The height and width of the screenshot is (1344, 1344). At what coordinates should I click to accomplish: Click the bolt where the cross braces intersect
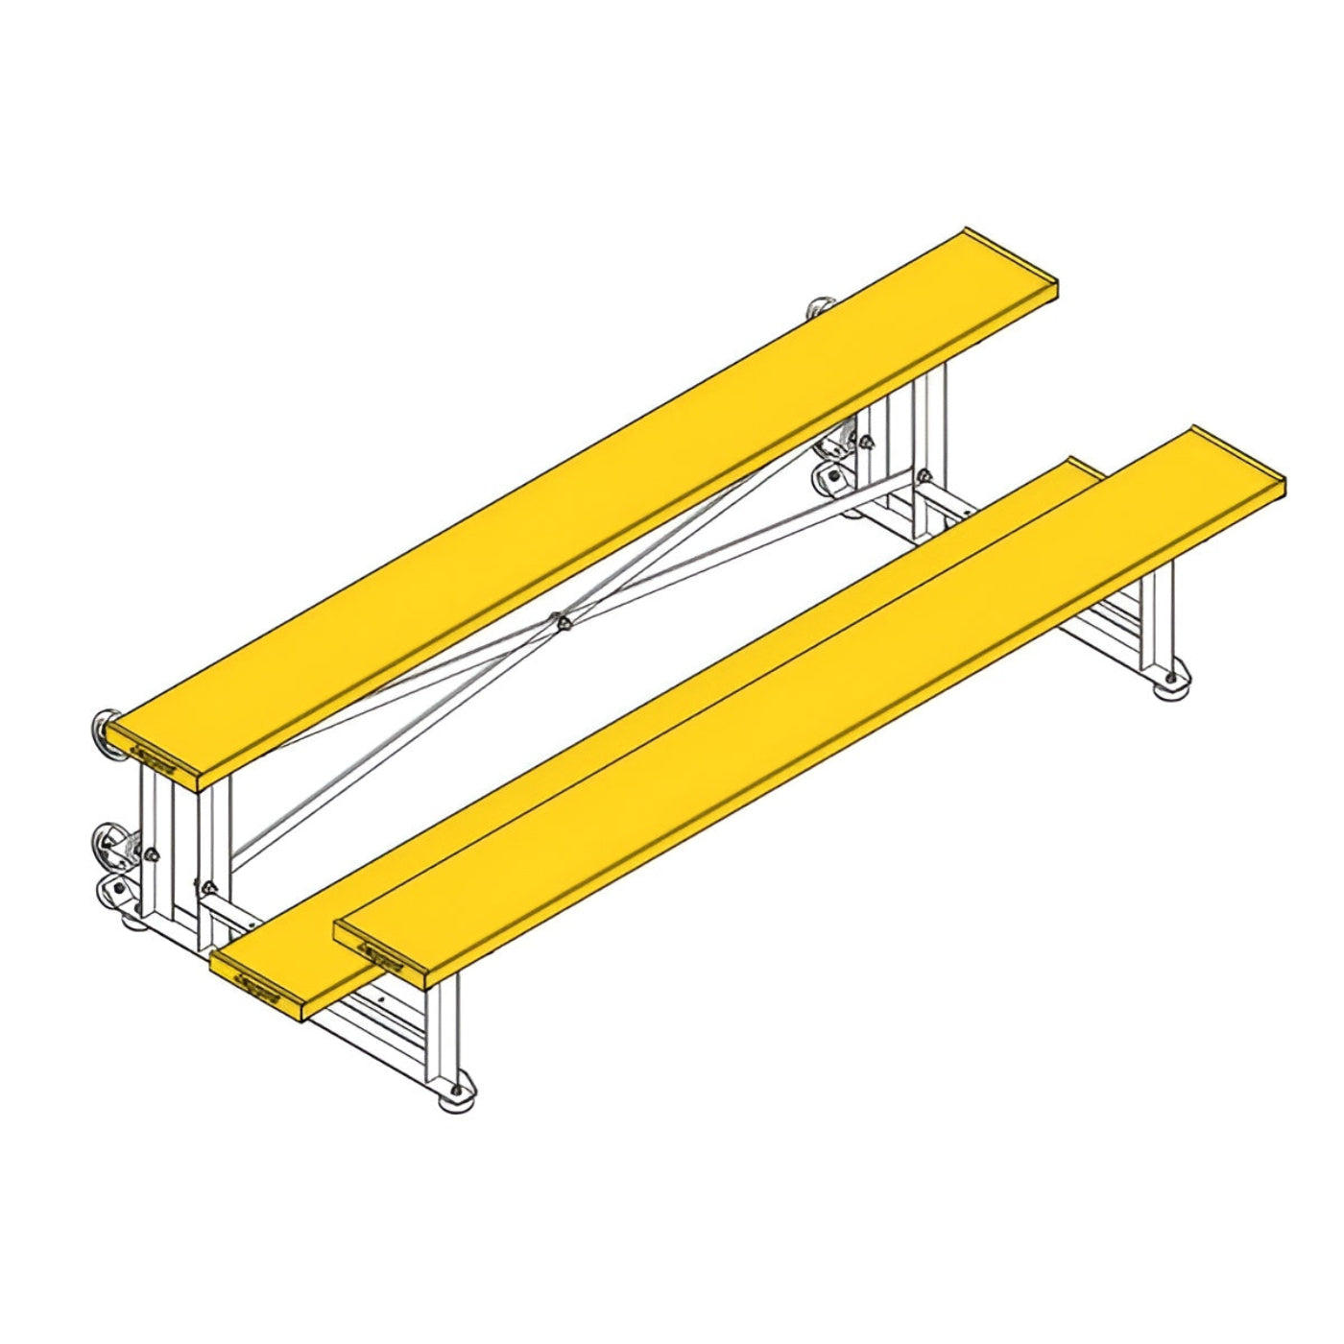(x=562, y=622)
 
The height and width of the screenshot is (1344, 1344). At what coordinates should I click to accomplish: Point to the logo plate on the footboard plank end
(x=256, y=986)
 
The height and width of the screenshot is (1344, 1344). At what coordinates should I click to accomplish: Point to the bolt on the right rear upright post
(x=867, y=443)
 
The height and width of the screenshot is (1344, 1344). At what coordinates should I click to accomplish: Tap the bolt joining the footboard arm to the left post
(x=208, y=887)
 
